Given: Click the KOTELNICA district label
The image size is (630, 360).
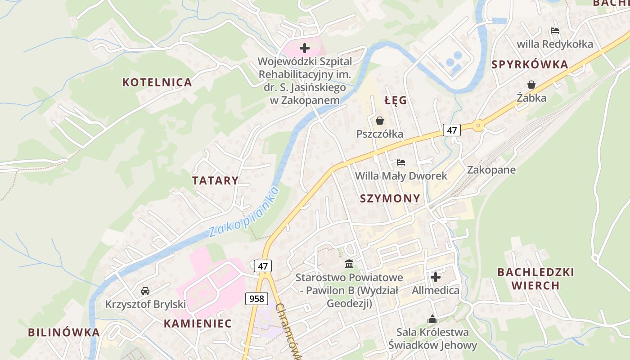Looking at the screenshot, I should (x=157, y=82).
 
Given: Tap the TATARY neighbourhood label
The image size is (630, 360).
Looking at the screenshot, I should (x=215, y=181).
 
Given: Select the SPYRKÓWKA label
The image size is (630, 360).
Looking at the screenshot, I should (x=530, y=64).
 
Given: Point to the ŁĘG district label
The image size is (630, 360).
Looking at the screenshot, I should (x=396, y=100).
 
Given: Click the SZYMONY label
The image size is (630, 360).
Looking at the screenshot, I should (x=390, y=198).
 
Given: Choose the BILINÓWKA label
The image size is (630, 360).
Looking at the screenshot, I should (x=63, y=333).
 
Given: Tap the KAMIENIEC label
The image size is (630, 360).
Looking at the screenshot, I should (x=198, y=324).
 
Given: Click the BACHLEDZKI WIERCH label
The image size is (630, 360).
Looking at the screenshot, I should (x=535, y=279).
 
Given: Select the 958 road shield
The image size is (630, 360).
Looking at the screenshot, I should (x=257, y=298).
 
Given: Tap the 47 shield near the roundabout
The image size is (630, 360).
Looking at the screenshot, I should (x=452, y=130).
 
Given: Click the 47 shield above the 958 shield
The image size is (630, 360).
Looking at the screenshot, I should (x=263, y=266).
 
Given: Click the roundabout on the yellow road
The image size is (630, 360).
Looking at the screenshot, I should (x=478, y=126).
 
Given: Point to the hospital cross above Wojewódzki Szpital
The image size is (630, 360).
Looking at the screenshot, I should (x=305, y=48).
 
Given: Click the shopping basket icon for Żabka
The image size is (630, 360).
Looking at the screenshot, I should (x=531, y=85).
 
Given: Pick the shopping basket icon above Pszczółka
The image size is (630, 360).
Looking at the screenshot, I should (x=380, y=121).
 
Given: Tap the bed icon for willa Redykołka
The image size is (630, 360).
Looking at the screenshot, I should (x=555, y=31).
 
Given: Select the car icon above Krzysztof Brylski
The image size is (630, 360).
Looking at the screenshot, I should (x=145, y=291).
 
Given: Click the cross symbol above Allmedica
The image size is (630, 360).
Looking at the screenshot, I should (x=436, y=277).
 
